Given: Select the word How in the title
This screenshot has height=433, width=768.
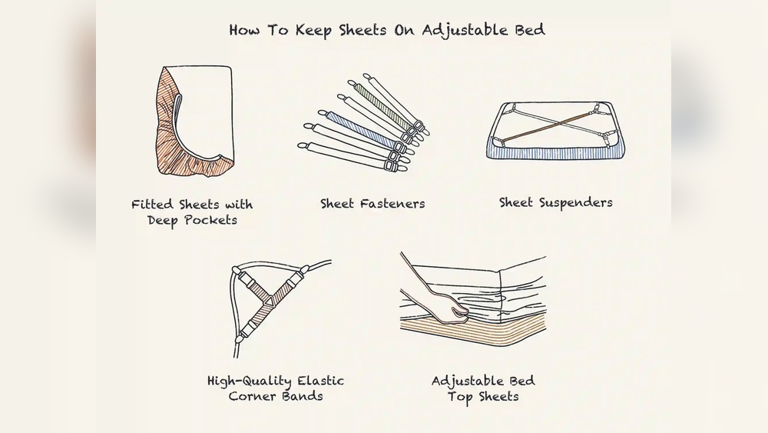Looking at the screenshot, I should tap(246, 31).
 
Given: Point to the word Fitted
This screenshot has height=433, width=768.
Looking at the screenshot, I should tap(151, 205).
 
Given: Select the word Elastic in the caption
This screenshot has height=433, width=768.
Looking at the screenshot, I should tap(319, 381).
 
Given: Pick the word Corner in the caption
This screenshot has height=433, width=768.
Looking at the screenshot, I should tap(253, 397).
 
